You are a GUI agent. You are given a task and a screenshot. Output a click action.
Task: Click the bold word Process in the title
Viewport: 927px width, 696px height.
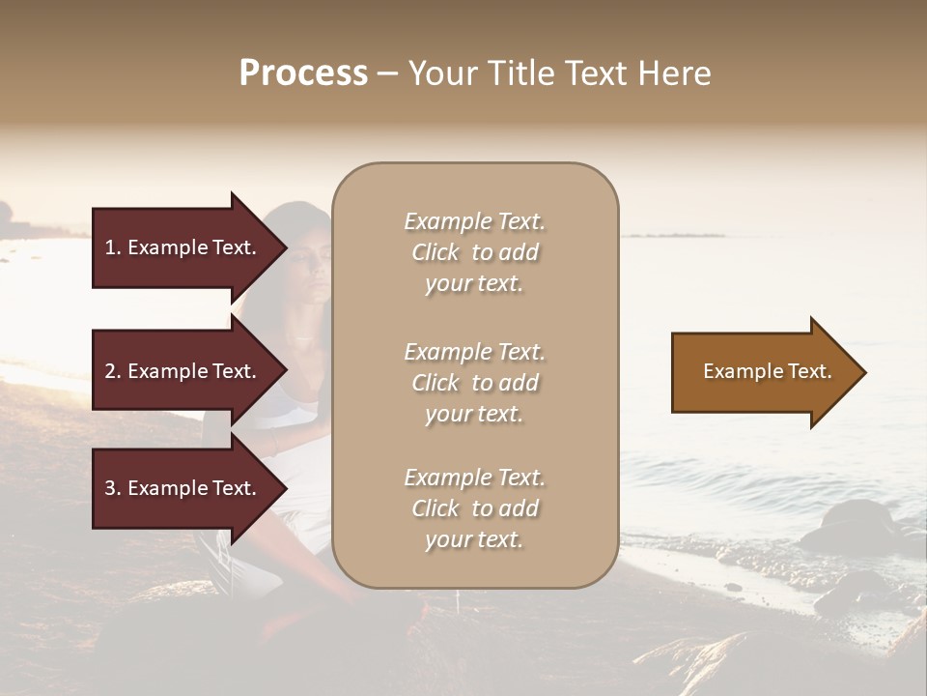(x=303, y=73)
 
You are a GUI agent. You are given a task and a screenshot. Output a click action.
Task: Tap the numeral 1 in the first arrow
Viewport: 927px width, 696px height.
(x=110, y=247)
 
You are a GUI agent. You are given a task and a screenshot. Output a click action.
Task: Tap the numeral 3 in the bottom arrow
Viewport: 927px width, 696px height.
(x=110, y=488)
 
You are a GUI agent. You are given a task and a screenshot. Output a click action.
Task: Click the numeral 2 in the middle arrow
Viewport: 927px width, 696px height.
(x=110, y=371)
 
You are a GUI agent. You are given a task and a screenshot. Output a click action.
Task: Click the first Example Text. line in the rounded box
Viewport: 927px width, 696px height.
(x=474, y=221)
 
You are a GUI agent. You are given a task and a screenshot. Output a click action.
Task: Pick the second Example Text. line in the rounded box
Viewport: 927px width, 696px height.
(x=474, y=352)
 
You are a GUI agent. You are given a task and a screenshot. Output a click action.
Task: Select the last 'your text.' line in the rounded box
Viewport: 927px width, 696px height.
(x=474, y=539)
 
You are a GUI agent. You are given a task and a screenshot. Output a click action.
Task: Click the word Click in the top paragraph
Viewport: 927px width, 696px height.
(x=435, y=252)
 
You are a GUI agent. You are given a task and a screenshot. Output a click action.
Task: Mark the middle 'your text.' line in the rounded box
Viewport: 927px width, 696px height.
(x=474, y=414)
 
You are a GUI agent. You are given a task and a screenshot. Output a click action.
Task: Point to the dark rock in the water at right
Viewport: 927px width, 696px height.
(x=850, y=522)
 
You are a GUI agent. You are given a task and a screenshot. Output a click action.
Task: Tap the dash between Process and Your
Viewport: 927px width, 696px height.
(x=387, y=73)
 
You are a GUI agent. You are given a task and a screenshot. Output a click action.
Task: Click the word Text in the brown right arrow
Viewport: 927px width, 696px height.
(x=810, y=371)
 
